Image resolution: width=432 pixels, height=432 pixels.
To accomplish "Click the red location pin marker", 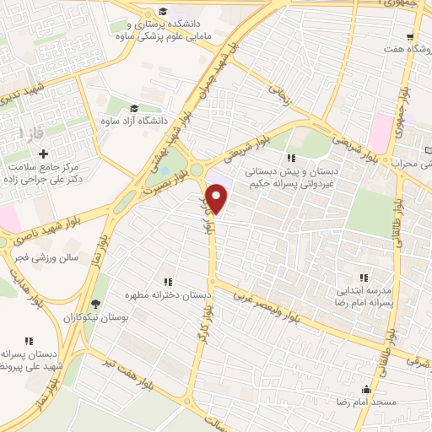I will coord(217,200).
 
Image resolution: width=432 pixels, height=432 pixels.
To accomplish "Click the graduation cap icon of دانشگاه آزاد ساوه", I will coord(132,109).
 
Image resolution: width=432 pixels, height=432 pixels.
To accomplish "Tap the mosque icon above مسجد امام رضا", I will coord(366,389).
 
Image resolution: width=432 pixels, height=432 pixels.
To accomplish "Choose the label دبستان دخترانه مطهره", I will coord(168,296).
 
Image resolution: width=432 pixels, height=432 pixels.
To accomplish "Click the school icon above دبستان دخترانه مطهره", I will coord(167,282).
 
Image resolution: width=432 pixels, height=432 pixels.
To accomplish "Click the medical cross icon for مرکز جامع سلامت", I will coord(43,153).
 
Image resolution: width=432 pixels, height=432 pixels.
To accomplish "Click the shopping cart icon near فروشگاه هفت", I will coord(410,37).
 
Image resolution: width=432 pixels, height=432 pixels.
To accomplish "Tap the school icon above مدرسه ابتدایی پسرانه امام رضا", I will coord(364,277).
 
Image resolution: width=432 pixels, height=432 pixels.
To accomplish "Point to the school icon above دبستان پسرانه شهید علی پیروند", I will coord(28,341).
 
